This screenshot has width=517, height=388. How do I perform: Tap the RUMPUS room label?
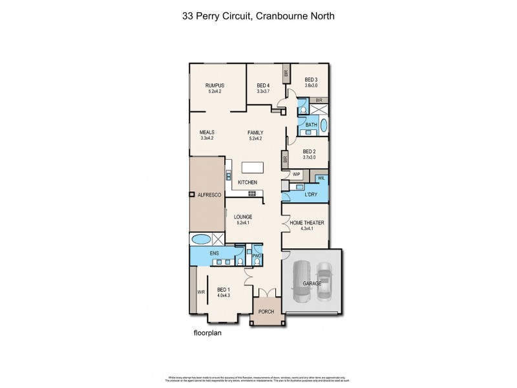tap(215, 85)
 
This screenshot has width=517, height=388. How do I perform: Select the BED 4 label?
tap(263, 85)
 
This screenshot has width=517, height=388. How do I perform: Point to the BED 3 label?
tap(311, 80)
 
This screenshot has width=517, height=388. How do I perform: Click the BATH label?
tap(311, 125)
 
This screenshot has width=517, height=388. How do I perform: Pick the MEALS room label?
tap(207, 132)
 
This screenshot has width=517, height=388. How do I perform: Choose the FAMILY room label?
tap(255, 132)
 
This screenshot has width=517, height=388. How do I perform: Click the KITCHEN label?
tap(248, 182)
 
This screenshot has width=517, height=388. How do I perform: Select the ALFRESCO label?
tap(210, 195)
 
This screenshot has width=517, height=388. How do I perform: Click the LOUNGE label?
tap(243, 217)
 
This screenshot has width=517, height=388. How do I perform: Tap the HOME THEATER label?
tap(306, 223)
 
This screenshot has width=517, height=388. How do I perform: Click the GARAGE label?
tap(311, 283)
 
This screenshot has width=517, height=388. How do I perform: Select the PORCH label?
tap(266, 312)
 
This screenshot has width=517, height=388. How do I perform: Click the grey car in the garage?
tap(302, 281)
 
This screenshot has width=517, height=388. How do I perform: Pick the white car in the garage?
tap(325, 281)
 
